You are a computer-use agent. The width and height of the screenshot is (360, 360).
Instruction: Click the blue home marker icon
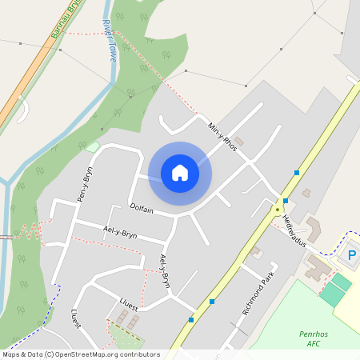180,173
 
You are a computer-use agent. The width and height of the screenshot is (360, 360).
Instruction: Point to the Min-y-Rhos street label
222,138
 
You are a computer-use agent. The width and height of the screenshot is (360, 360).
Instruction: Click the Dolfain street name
142,207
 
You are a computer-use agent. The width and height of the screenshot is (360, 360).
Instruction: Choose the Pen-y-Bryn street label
85,185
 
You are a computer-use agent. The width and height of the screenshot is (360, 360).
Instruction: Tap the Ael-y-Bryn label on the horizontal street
120,232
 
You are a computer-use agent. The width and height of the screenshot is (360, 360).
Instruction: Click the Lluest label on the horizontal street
128,306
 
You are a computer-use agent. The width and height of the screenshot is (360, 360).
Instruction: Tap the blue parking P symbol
352,256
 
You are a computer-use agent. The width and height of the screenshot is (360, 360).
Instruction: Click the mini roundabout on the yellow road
278,210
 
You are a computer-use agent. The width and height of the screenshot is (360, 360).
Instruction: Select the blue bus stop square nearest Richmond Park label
212,302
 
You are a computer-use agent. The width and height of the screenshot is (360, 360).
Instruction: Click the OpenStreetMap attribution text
81,354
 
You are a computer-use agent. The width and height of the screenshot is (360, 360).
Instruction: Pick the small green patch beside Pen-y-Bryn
92,147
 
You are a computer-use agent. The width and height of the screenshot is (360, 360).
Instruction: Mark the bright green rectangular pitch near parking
336,288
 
